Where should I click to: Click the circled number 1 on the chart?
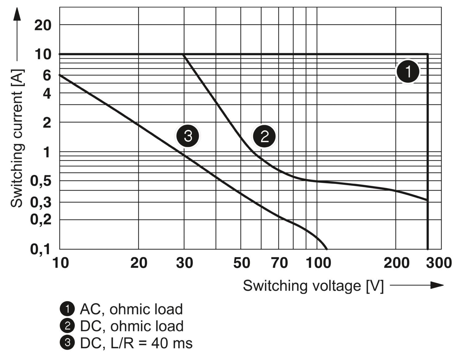pyautogui.click(x=408, y=72)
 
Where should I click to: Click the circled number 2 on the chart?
pyautogui.click(x=264, y=136)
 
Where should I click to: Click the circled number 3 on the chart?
pyautogui.click(x=187, y=136)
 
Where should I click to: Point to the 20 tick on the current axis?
pyautogui.click(x=43, y=25)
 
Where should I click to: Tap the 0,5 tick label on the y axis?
pyautogui.click(x=40, y=181)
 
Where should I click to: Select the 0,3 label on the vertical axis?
pyautogui.click(x=40, y=202)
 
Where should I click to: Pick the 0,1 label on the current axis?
pyautogui.click(x=40, y=249)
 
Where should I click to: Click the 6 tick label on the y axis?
pyautogui.click(x=47, y=75)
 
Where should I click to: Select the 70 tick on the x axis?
pyautogui.click(x=279, y=263)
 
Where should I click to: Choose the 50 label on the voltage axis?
pyautogui.click(x=242, y=263)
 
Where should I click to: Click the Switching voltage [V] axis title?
pyautogui.click(x=313, y=286)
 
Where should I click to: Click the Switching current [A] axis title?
pyautogui.click(x=17, y=139)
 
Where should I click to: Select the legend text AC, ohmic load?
pyautogui.click(x=131, y=309)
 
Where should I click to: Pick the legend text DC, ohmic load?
pyautogui.click(x=132, y=326)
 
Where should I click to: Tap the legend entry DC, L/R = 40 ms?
pyautogui.click(x=136, y=343)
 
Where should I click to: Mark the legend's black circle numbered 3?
pyautogui.click(x=67, y=343)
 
